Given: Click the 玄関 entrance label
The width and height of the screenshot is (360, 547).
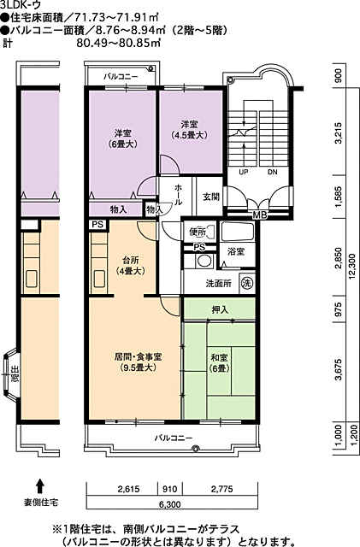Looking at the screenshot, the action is tap(211, 197).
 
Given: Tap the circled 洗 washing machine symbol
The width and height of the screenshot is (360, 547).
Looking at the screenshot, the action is tap(247, 282).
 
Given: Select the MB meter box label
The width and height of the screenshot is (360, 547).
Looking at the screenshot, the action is tap(259, 215).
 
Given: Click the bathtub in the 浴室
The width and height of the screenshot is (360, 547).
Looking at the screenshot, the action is tap(238, 232).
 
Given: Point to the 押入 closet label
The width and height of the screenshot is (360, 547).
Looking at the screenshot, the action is tap(220, 309).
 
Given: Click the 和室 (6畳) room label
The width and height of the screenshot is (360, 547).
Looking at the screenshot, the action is tap(219, 362).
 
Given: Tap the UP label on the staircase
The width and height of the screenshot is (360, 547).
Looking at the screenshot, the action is tap(244, 172).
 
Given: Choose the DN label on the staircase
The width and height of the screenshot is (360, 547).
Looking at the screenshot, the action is tap(273, 172).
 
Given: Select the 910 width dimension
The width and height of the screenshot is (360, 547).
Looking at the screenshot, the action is tap(169, 489).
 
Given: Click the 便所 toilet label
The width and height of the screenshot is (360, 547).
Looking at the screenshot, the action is tap(198, 232).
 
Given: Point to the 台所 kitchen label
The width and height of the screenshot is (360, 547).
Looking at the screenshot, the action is tap(130, 265).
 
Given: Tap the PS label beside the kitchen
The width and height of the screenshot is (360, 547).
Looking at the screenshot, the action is tap(97, 224).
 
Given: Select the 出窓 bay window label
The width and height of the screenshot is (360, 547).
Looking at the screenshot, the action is tap(15, 374).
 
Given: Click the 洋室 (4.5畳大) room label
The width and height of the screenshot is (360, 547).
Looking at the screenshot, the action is tap(189, 129).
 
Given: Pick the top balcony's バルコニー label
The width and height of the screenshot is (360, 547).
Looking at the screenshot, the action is tap(121, 77).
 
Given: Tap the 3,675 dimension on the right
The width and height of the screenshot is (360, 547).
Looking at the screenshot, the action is tap(338, 370).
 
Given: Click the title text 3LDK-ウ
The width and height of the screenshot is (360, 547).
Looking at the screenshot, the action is tap(21, 4).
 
